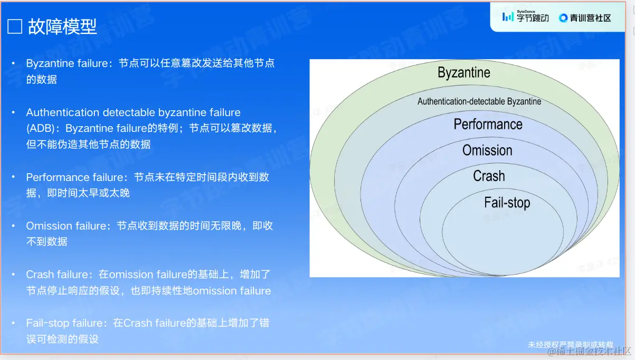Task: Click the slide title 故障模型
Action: (x=62, y=26)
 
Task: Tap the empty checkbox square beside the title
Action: (x=15, y=26)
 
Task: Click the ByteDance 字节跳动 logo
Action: (x=525, y=17)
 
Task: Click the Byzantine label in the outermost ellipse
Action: (x=464, y=72)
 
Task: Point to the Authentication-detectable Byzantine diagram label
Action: (x=479, y=101)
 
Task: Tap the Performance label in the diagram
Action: (x=488, y=124)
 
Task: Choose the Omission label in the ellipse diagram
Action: (x=487, y=150)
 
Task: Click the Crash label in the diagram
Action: (x=489, y=176)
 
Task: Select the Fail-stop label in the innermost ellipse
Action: (x=507, y=202)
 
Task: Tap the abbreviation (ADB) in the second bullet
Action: (x=41, y=128)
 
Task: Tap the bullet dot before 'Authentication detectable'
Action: (x=13, y=112)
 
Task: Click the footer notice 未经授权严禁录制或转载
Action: (x=571, y=345)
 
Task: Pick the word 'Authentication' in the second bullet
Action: (x=63, y=112)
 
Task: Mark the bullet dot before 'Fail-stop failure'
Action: (x=13, y=323)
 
